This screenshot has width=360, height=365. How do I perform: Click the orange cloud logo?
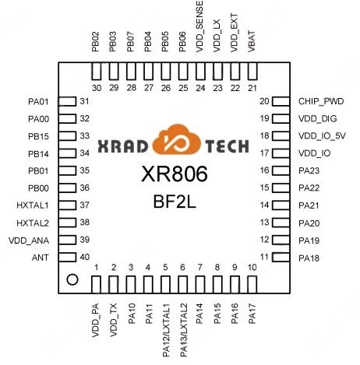[177, 140]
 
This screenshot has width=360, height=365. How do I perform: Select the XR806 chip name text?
[175, 174]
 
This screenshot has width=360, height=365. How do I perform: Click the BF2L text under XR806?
[175, 202]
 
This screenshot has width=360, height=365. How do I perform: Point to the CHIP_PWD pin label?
[321, 101]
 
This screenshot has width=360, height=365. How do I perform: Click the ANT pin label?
[41, 258]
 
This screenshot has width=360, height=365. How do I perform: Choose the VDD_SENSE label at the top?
[199, 26]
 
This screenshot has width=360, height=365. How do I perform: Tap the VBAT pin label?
[252, 42]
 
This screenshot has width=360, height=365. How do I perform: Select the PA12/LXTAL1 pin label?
[166, 330]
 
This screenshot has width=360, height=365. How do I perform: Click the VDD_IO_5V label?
[322, 136]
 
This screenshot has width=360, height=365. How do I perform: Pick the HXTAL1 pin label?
[33, 205]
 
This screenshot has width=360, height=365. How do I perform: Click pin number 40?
[85, 257]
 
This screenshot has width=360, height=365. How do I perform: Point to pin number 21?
[252, 88]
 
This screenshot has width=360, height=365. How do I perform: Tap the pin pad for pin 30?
[97, 71]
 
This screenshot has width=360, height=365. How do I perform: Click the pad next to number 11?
[281, 258]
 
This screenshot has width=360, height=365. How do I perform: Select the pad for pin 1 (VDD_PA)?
[97, 285]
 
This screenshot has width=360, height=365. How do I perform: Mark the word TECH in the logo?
[228, 146]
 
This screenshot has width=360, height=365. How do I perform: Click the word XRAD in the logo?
[123, 146]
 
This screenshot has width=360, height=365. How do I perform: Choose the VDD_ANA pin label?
[29, 240]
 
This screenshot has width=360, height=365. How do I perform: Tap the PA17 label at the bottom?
[252, 314]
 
